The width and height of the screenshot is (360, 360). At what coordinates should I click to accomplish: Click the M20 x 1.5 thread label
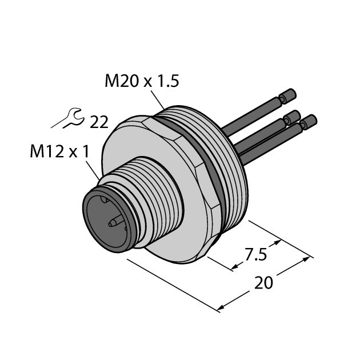142,81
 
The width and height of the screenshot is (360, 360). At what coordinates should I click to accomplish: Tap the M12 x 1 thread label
59,152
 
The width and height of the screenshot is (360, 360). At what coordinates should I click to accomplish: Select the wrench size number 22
99,122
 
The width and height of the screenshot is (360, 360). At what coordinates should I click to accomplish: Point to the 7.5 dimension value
256,254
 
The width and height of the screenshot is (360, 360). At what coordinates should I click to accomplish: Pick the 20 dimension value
263,283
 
